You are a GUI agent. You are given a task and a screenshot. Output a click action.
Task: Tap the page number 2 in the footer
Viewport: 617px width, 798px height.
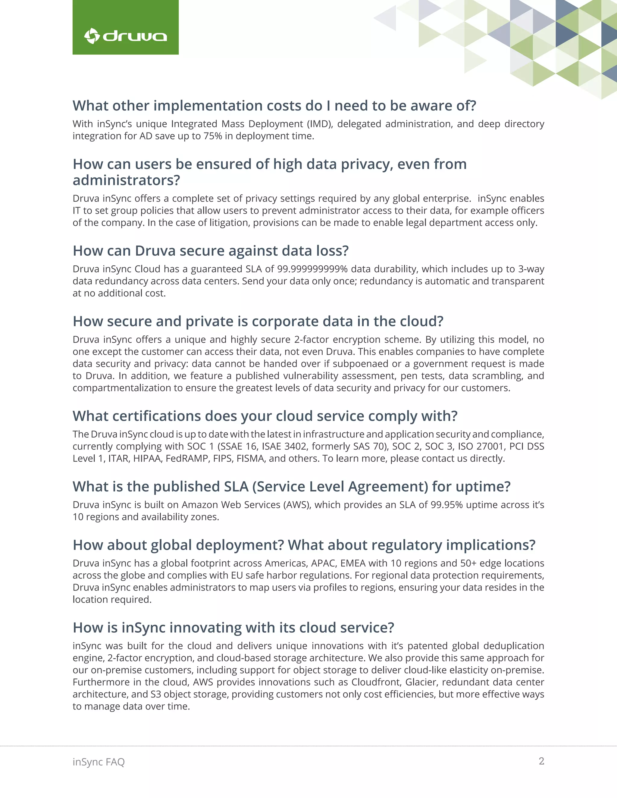[541, 761]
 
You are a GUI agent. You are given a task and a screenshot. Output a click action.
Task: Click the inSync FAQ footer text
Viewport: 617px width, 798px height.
[99, 762]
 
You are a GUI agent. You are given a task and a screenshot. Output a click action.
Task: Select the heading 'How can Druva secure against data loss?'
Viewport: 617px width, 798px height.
[211, 251]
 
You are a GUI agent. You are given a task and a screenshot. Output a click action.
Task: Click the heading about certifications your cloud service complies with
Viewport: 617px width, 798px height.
[265, 416]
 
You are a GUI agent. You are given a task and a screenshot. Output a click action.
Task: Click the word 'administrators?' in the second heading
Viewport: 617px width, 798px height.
[127, 180]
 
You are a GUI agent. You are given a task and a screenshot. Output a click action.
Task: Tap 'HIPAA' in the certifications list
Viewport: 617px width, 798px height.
[148, 458]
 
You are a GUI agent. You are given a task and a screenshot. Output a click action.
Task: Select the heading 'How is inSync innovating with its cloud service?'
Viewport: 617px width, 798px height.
[233, 628]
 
